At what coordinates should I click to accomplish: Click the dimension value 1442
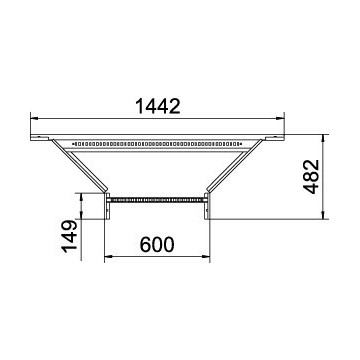pos(158,106)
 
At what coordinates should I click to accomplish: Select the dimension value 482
pos(311,177)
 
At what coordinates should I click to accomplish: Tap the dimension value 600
pos(157,245)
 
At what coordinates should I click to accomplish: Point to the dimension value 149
pos(70,237)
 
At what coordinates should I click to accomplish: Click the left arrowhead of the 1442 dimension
pos(34,118)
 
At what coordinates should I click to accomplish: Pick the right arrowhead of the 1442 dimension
pos(280,118)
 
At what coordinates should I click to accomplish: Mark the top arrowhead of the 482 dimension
pos(323,139)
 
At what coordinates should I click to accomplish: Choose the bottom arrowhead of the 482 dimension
pos(323,215)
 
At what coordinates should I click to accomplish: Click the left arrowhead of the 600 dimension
pos(109,256)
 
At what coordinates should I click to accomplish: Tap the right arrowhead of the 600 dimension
pos(206,256)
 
